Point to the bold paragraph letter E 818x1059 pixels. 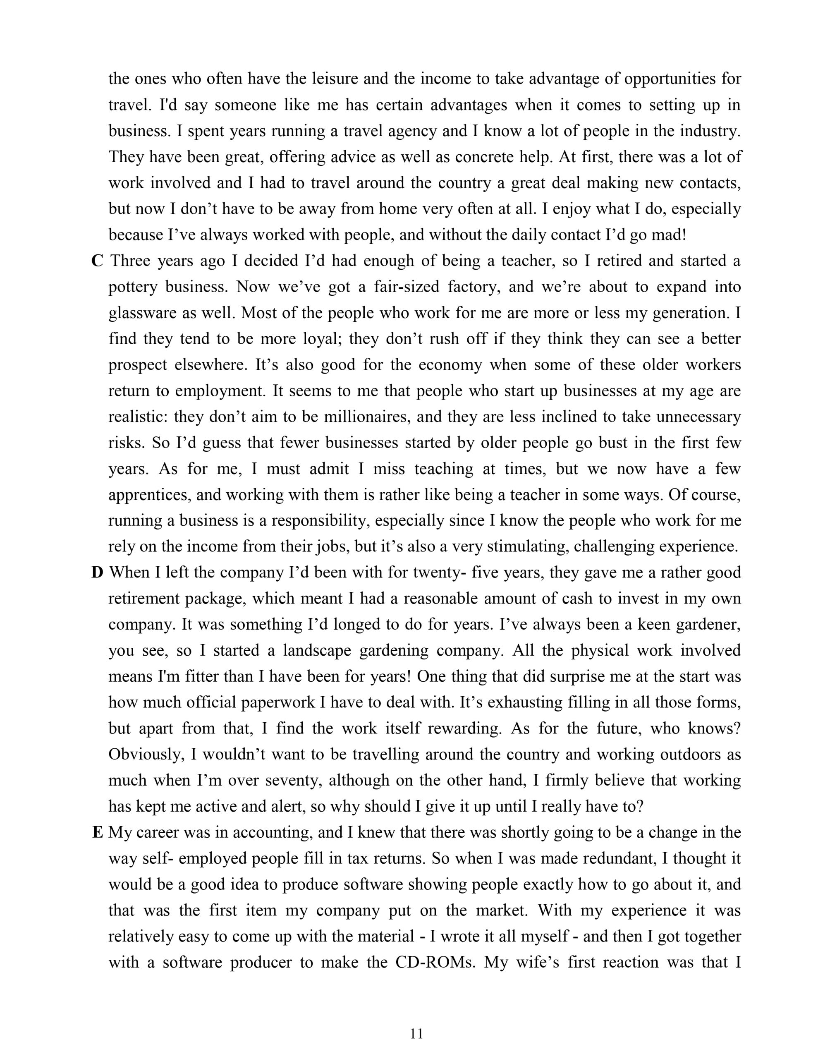(x=98, y=832)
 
